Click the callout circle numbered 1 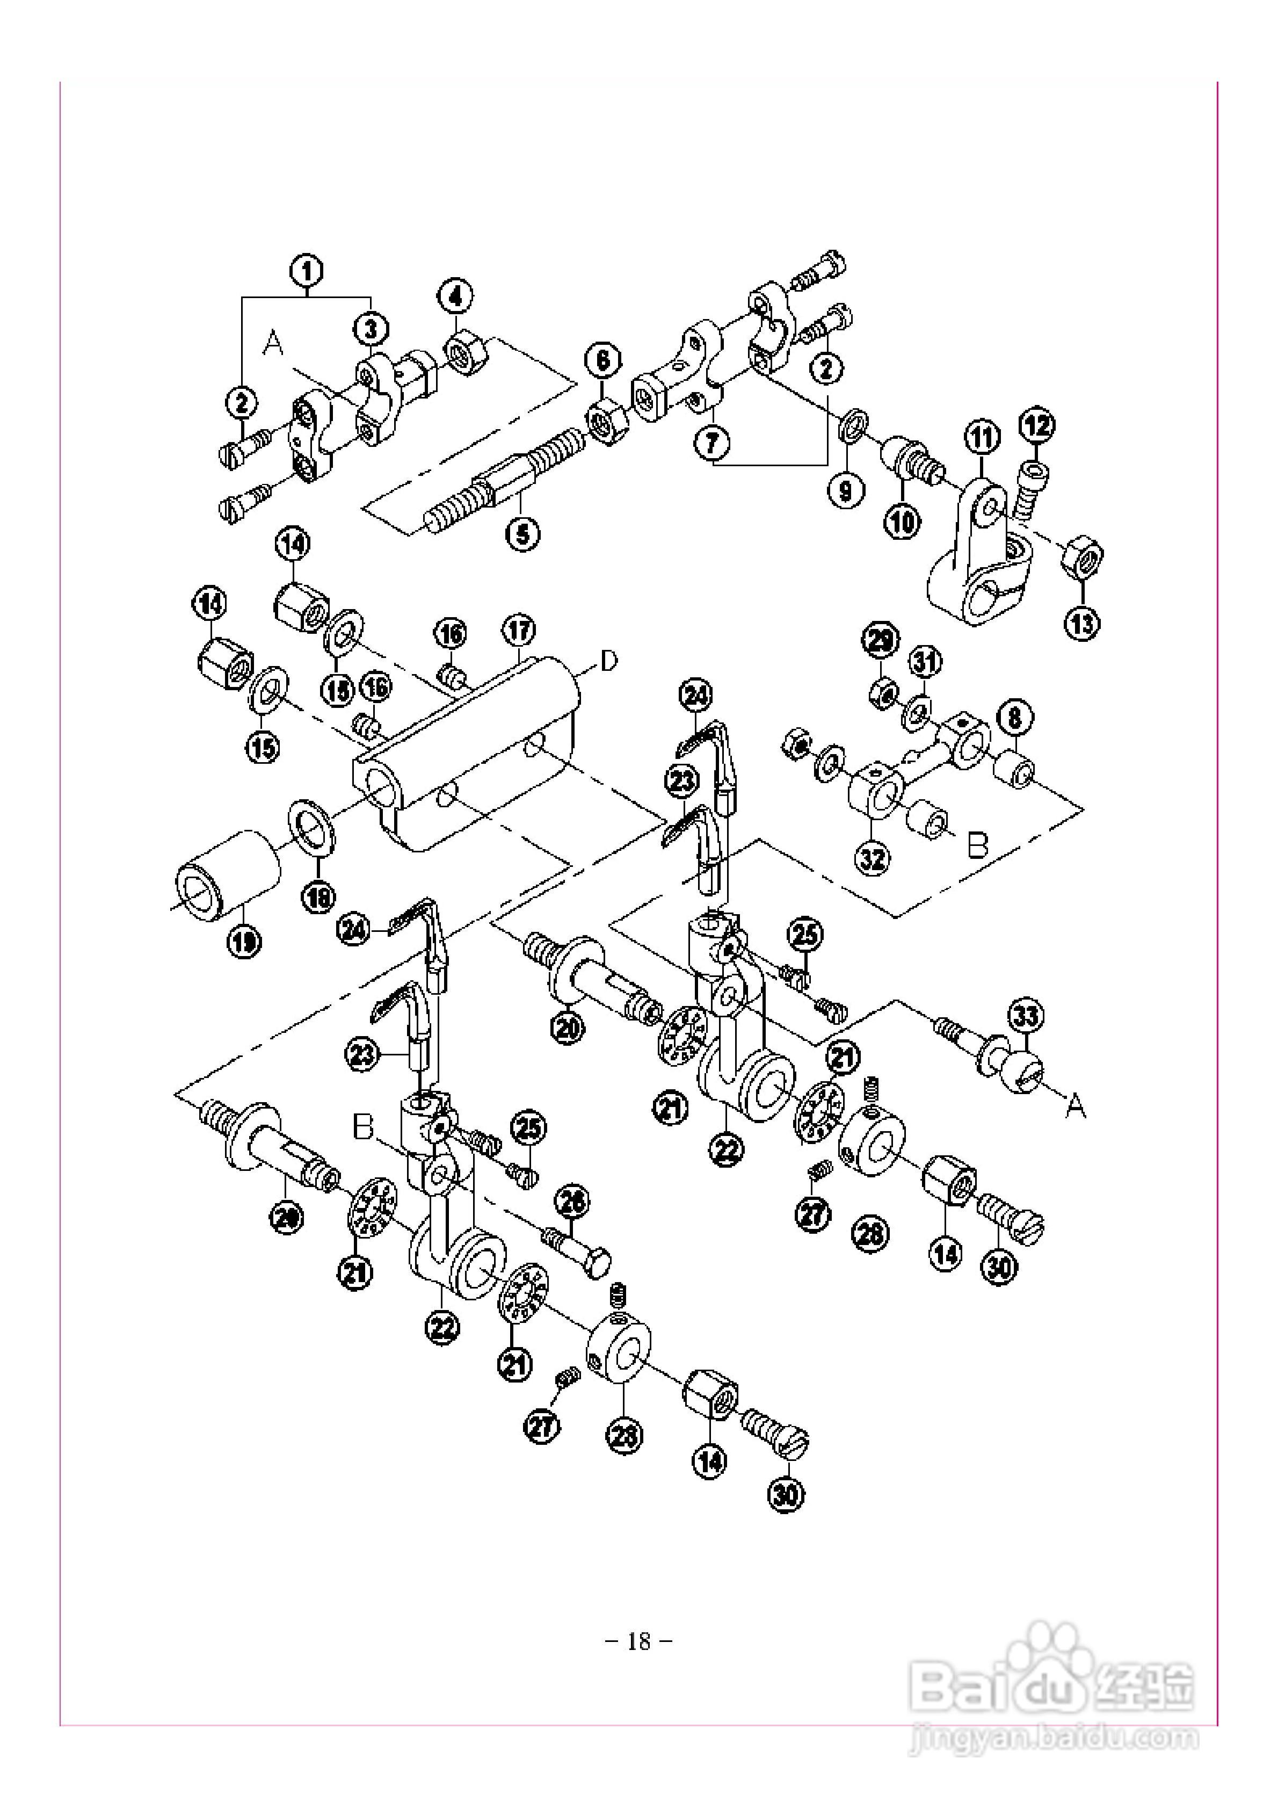(x=307, y=271)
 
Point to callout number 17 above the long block (x=518, y=631)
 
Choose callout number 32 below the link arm (x=873, y=859)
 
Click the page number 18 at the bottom (x=639, y=1641)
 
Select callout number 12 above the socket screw (x=1037, y=426)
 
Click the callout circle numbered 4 (x=456, y=297)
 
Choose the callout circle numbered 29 (x=880, y=639)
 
